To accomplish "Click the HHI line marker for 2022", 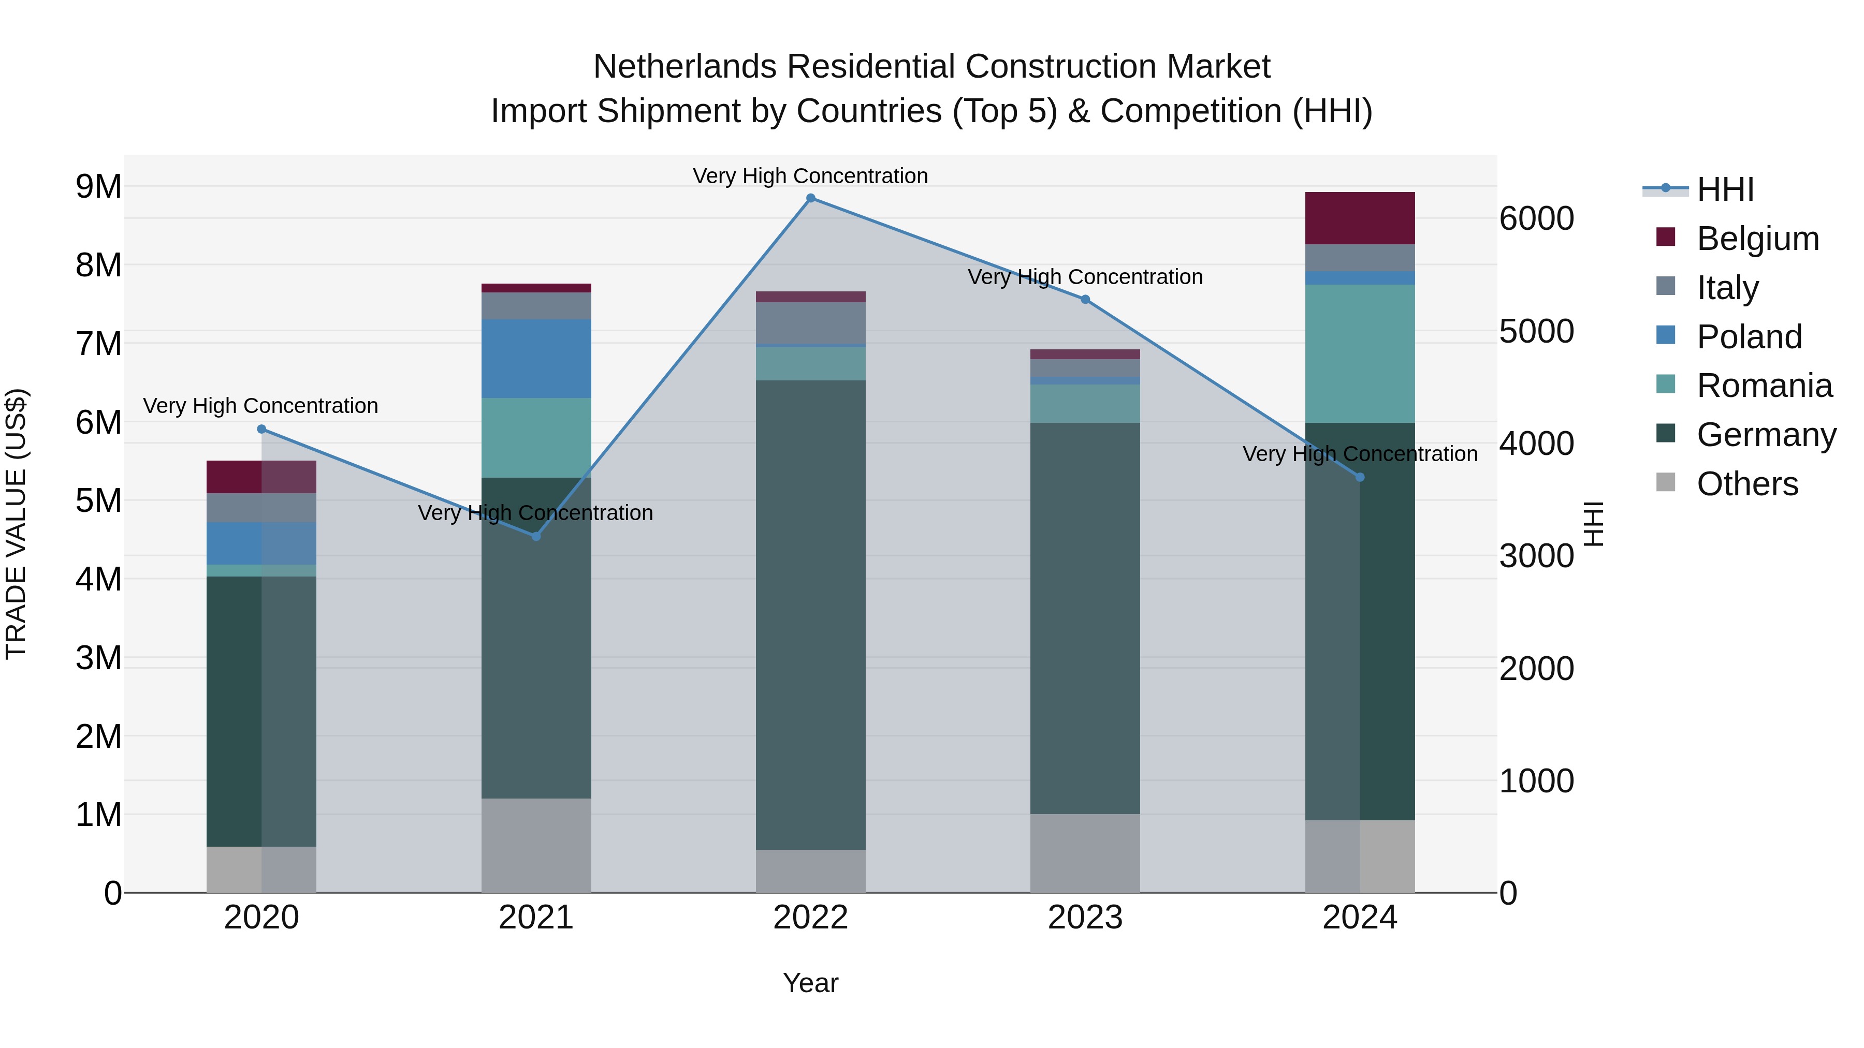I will point(810,198).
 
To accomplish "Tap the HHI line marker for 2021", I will point(536,536).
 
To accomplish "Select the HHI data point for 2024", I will point(1360,477).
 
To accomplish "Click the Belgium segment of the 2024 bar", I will point(1360,218).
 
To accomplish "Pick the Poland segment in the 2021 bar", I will point(536,359).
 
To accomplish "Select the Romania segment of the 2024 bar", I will point(1360,353).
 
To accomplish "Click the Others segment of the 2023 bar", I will point(1085,853).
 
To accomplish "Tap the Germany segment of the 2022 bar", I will point(810,615).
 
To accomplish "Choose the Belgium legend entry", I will point(1757,239).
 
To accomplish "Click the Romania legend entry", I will point(1764,386).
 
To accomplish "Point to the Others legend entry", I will point(1747,484).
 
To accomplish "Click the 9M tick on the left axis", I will point(98,187).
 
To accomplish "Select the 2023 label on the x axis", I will point(1085,918).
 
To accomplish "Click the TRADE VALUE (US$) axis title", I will point(16,524).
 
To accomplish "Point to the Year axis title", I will point(810,983).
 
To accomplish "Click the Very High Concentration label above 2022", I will point(810,176).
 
